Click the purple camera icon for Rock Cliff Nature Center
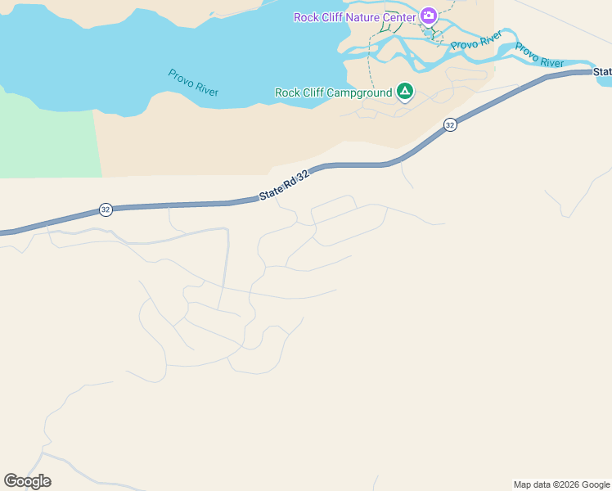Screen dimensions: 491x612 click(428, 16)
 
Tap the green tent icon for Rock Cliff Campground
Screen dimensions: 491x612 click(404, 91)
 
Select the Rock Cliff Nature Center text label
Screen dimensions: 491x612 click(355, 17)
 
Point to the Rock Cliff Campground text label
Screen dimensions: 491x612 click(334, 93)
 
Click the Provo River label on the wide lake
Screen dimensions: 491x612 click(193, 83)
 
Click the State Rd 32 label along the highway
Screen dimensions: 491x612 click(285, 187)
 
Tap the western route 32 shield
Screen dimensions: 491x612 click(106, 209)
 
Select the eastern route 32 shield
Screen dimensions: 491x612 click(450, 124)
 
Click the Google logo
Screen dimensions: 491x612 click(27, 481)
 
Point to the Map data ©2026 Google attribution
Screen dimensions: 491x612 click(562, 484)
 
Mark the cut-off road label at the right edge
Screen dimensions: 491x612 click(603, 72)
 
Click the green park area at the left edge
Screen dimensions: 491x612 click(45, 135)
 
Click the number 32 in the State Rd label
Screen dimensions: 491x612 click(304, 176)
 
